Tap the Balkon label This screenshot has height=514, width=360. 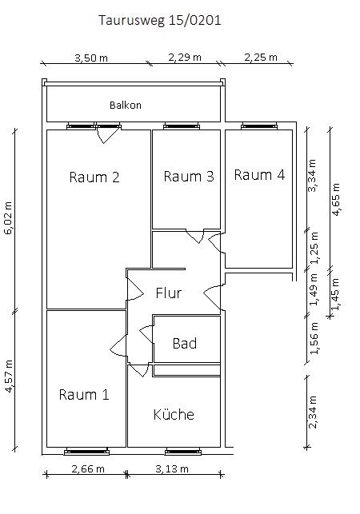(x=126, y=105)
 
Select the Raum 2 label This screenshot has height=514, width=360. (x=94, y=177)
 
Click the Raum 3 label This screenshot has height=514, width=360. (x=189, y=176)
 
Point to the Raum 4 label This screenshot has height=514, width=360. (x=259, y=174)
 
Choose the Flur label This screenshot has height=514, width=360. (x=169, y=293)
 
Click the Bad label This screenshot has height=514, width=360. (x=185, y=343)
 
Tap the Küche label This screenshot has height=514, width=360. (x=174, y=414)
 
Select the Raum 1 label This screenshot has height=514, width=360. (x=84, y=394)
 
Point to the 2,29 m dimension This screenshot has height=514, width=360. (x=185, y=58)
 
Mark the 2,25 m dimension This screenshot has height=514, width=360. (x=260, y=58)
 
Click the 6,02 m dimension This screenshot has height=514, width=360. (x=9, y=217)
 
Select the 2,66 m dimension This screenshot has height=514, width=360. (x=89, y=468)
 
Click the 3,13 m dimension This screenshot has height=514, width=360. (x=172, y=468)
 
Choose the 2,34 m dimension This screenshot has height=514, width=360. (x=314, y=412)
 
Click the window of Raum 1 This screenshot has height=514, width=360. (x=85, y=451)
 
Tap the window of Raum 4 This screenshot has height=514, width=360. (x=260, y=126)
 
